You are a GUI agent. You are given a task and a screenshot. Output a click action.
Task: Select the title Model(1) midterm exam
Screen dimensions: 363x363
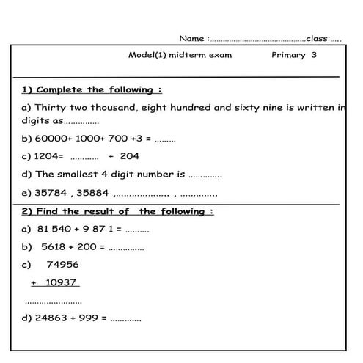(179, 55)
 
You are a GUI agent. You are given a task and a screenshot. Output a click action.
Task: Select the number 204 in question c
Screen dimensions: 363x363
(129, 155)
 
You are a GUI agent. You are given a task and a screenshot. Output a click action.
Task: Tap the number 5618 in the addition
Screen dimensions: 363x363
(55, 247)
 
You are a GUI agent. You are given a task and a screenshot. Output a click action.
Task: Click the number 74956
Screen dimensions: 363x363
(62, 265)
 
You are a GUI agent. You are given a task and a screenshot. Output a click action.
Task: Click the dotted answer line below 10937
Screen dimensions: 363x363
(54, 301)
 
